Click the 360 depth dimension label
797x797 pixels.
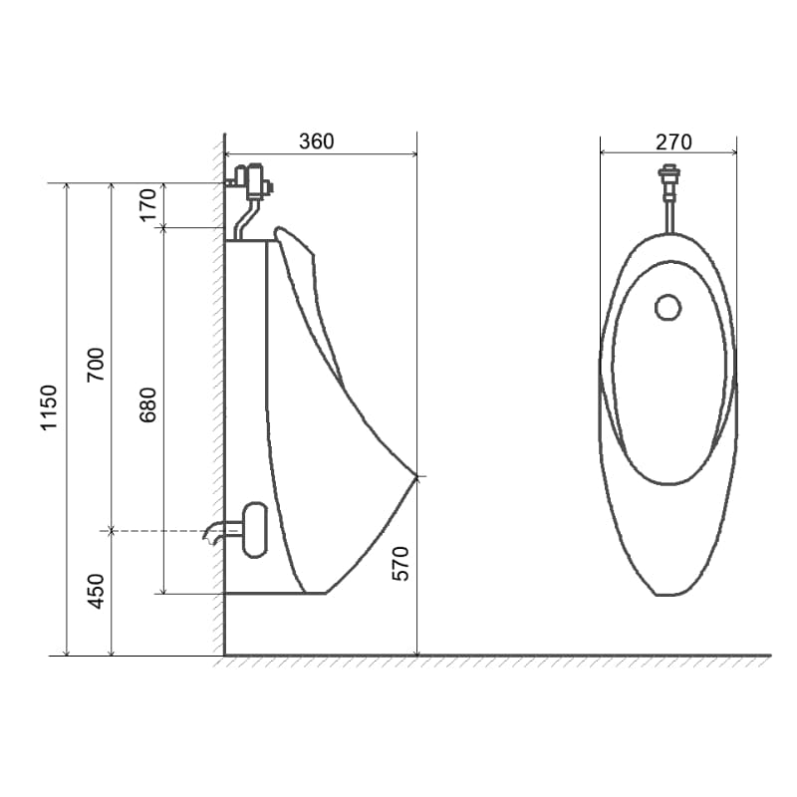point(316,141)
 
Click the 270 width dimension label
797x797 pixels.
point(673,142)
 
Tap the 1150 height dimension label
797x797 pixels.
point(49,408)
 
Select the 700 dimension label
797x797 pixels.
point(96,365)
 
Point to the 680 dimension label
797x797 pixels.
point(148,405)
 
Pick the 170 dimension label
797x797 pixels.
point(148,205)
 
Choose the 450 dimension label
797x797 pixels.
point(96,591)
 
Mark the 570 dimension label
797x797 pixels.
point(400,564)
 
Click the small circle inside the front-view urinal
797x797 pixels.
point(667,308)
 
